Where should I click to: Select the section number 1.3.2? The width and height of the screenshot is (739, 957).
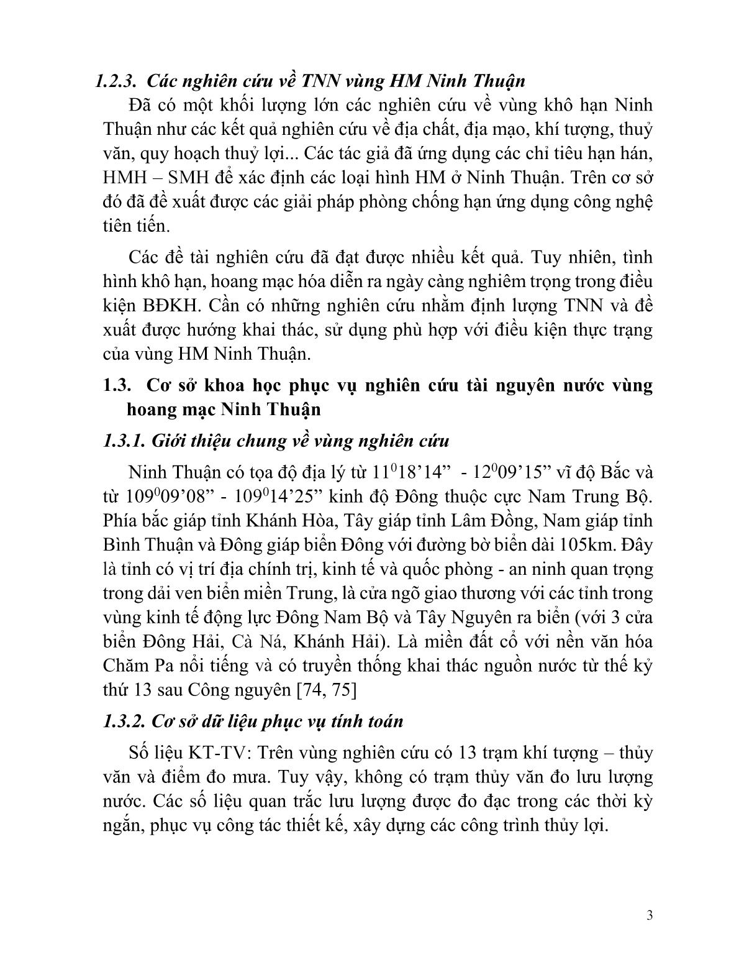[124, 721]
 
